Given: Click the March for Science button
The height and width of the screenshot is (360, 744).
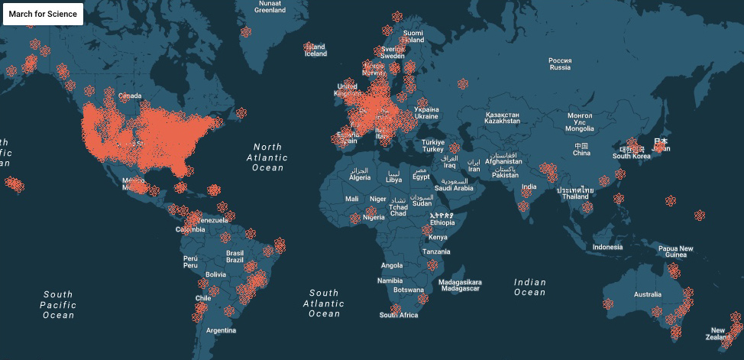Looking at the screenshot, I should (x=43, y=14).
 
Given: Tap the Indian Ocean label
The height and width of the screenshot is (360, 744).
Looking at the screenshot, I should (x=529, y=287).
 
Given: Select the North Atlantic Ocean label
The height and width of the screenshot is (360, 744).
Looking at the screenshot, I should (x=268, y=157).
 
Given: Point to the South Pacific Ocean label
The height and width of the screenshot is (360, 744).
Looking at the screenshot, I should (x=58, y=304).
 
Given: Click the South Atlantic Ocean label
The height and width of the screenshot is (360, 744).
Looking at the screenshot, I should (x=324, y=303).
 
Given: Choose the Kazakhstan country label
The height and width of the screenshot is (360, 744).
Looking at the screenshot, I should (x=503, y=118).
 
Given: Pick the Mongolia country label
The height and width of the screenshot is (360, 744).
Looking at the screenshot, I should (x=580, y=122).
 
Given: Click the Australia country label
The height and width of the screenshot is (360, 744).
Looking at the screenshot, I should (x=647, y=294).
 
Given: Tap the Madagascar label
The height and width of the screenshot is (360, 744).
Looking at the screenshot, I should (x=461, y=285).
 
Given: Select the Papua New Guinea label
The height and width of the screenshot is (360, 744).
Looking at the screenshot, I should (x=676, y=251).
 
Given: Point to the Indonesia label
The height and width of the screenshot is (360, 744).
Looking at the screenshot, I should (x=607, y=247).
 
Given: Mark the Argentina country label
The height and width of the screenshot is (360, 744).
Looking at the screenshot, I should (x=220, y=330).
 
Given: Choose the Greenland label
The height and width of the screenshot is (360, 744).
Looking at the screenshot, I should (x=270, y=7).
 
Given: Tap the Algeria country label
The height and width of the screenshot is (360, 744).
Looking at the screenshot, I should (x=359, y=174).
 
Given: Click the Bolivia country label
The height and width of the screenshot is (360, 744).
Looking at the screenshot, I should (x=215, y=274).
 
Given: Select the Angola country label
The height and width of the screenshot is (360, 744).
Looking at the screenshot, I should (x=391, y=265).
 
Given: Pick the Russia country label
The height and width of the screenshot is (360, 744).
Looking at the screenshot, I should (x=560, y=63).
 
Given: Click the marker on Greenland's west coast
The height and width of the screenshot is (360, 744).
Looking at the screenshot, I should (x=246, y=32).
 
